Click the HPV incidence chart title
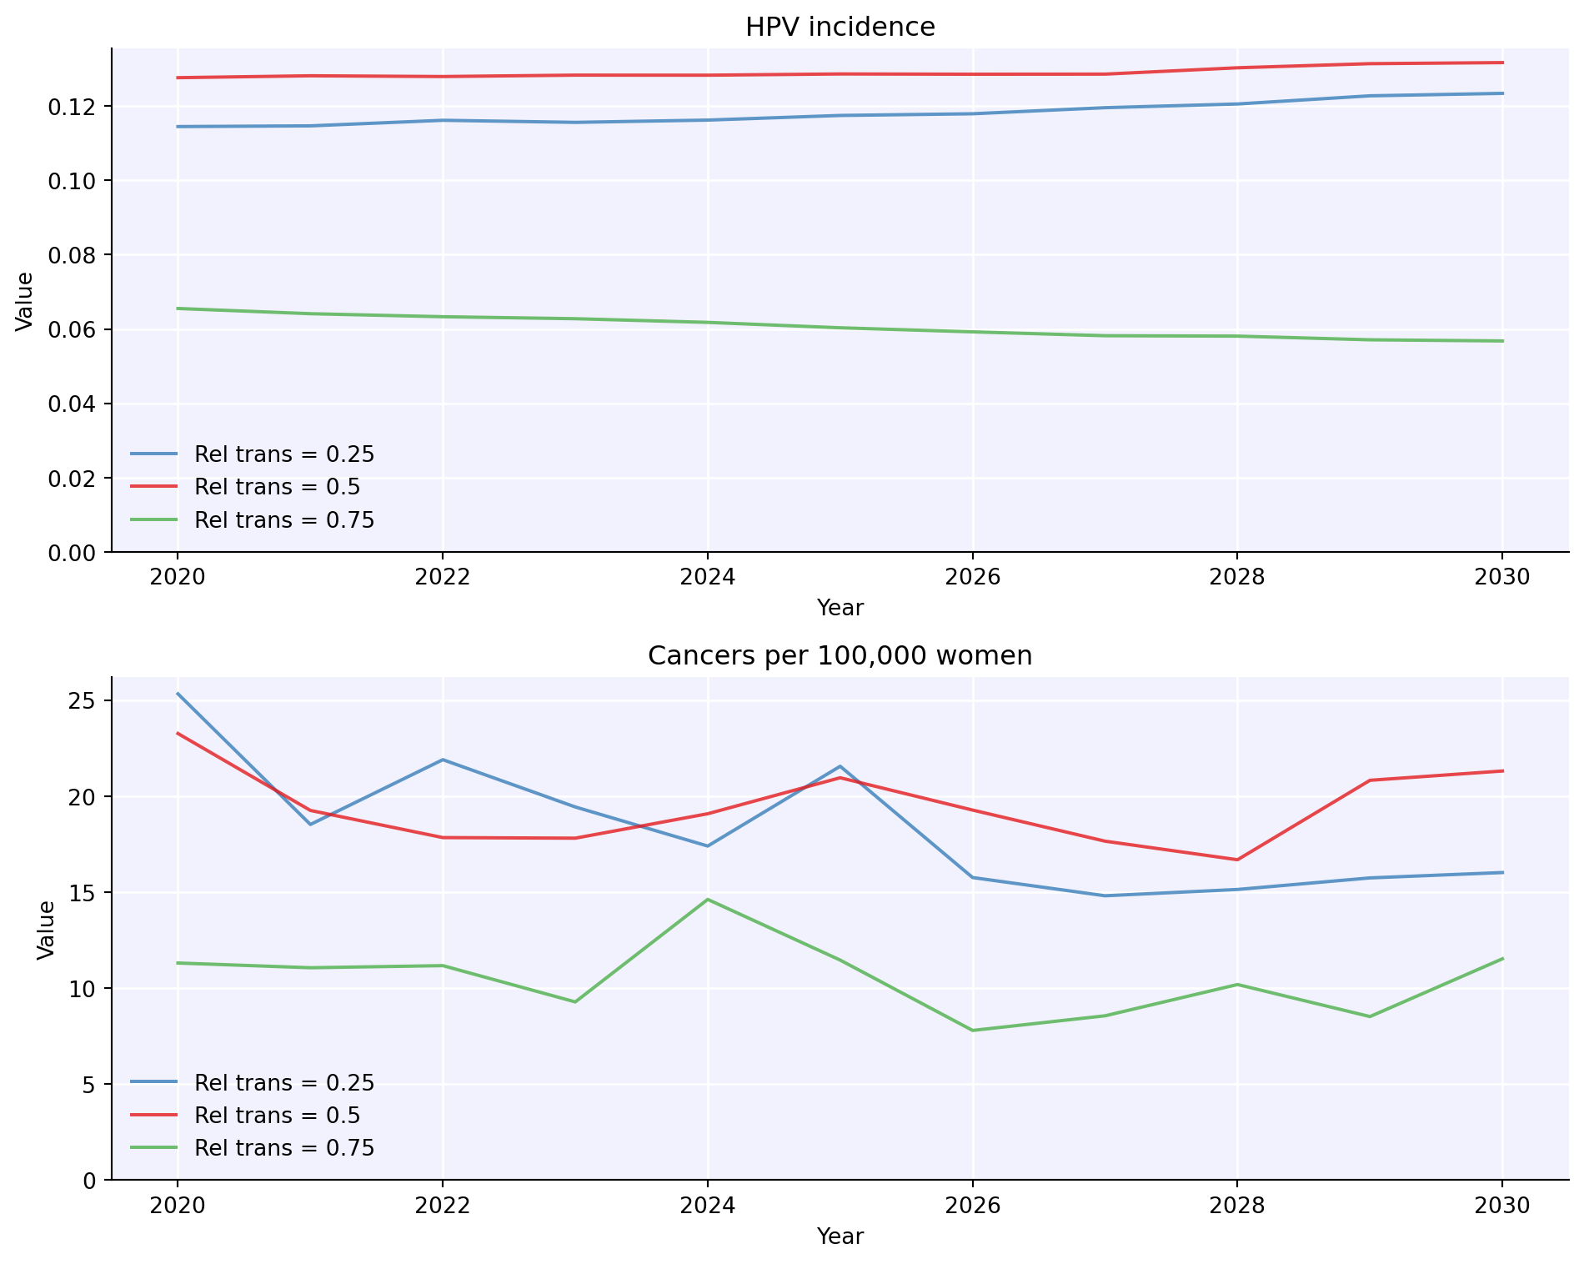(840, 28)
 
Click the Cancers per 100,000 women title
(840, 656)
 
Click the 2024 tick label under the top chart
(707, 577)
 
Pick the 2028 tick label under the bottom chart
(1237, 1205)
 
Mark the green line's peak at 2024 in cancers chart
(708, 900)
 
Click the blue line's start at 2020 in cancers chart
(178, 694)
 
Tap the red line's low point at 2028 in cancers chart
(1237, 860)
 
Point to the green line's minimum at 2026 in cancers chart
(972, 1031)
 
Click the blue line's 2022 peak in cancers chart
(443, 760)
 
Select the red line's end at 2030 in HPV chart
(1502, 63)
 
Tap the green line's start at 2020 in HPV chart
(178, 308)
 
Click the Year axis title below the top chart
(840, 608)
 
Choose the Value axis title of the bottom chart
(47, 929)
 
